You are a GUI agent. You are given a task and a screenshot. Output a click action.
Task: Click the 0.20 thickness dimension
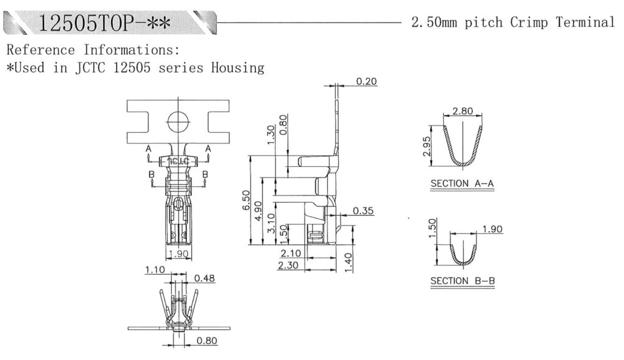(366, 81)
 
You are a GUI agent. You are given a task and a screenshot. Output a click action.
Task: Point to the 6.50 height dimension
(246, 200)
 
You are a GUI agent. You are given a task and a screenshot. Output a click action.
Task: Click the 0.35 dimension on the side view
(363, 211)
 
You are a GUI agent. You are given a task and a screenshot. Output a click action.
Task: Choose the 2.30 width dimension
(289, 265)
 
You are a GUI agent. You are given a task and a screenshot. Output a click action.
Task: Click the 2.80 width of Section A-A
(462, 111)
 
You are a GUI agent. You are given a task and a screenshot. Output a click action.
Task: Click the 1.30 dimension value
(271, 133)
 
